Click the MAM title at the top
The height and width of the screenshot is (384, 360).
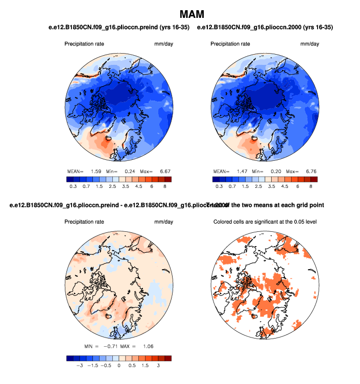tap(191, 12)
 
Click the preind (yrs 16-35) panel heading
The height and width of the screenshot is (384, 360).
tap(118, 27)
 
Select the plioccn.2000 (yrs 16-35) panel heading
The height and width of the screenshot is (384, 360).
tap(265, 27)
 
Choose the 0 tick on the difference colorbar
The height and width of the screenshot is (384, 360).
tap(118, 366)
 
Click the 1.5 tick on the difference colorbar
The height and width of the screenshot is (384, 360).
tap(145, 366)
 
